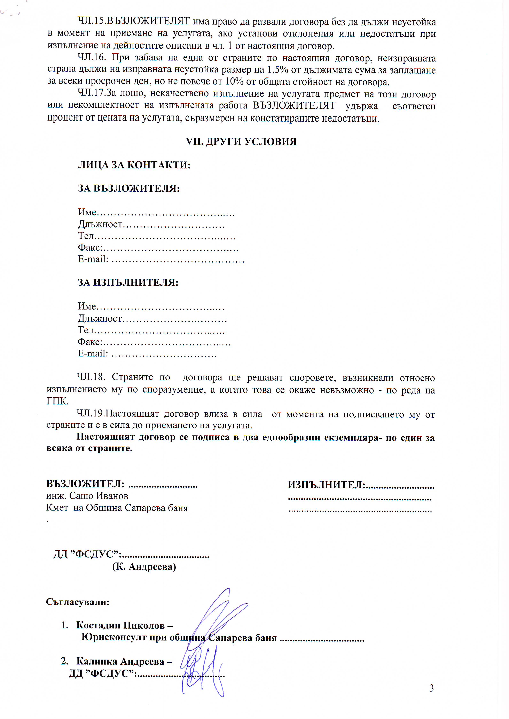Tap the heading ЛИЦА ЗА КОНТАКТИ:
pos(134,165)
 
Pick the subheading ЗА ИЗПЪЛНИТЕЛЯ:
pos(128,283)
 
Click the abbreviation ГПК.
pos(57,401)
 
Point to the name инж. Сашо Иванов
pos(87,496)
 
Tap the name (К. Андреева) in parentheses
pos(144,567)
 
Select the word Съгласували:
pos(78,602)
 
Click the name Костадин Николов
pos(120,625)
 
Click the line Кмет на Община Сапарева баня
pos(117,508)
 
